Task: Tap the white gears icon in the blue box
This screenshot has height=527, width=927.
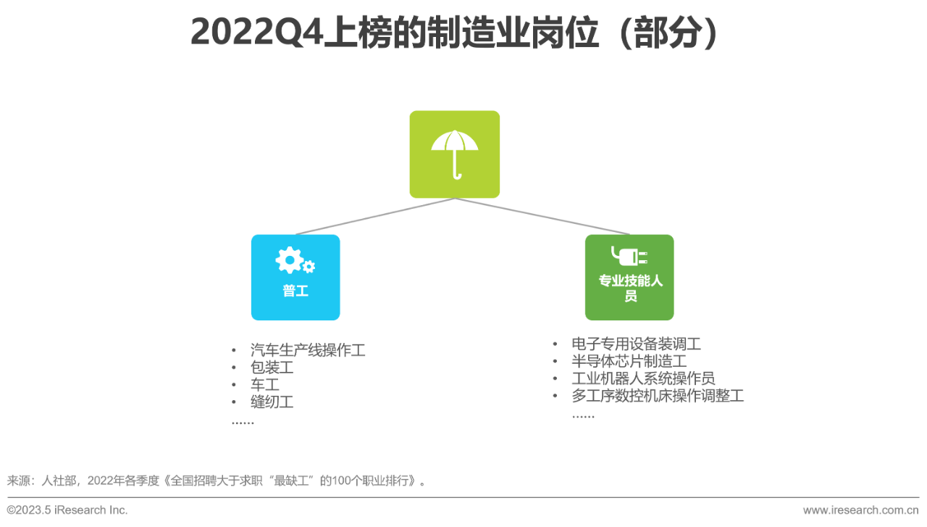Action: pyautogui.click(x=294, y=261)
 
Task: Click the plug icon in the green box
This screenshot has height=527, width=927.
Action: pyautogui.click(x=629, y=256)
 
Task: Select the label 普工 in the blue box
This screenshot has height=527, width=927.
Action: pyautogui.click(x=295, y=291)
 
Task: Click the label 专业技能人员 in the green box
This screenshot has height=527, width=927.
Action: pyautogui.click(x=630, y=288)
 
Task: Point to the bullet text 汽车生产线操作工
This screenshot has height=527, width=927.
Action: pyautogui.click(x=308, y=350)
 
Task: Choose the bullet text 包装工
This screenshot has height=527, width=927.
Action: pyautogui.click(x=272, y=368)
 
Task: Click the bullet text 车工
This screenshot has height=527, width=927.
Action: pyautogui.click(x=264, y=384)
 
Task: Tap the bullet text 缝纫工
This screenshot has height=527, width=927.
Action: pyautogui.click(x=272, y=402)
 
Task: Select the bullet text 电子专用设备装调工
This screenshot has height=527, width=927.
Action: pyautogui.click(x=636, y=344)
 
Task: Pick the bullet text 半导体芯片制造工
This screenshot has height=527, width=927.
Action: pyautogui.click(x=629, y=361)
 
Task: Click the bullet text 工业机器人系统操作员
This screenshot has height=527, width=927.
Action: pyautogui.click(x=643, y=378)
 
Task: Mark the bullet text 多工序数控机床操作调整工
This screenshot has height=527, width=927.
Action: pyautogui.click(x=658, y=396)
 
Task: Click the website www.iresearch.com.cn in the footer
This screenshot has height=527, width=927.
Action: pyautogui.click(x=860, y=510)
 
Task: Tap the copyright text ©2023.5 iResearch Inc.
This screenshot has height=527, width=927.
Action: pyautogui.click(x=67, y=510)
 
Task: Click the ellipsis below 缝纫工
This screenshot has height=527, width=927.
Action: pyautogui.click(x=243, y=421)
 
